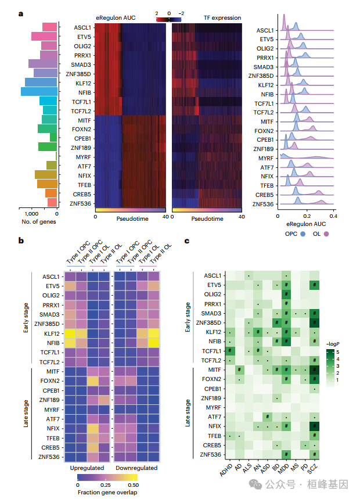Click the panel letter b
[21, 240]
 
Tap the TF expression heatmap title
[222, 18]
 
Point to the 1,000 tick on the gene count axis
[26, 214]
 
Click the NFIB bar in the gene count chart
[38, 91]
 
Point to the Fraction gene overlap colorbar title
[108, 491]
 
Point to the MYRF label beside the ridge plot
[265, 158]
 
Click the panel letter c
[186, 240]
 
